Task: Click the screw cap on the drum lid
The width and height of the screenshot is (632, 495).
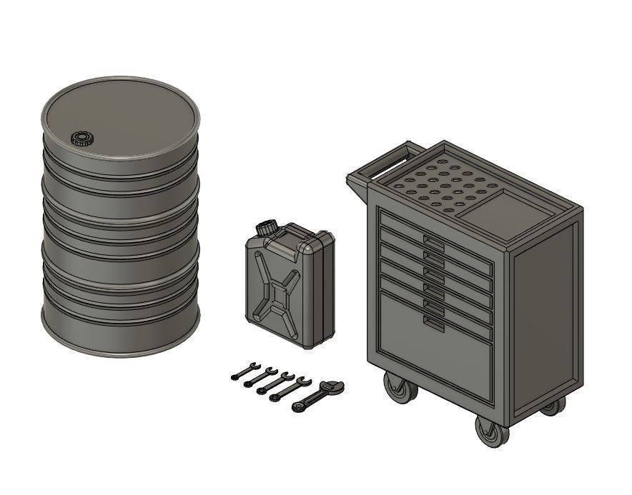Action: click(83, 138)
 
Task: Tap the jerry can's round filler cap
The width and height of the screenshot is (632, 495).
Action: click(267, 228)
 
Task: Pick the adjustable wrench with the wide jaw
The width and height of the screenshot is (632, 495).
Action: click(320, 395)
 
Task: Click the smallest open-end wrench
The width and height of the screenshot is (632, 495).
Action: click(245, 371)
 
